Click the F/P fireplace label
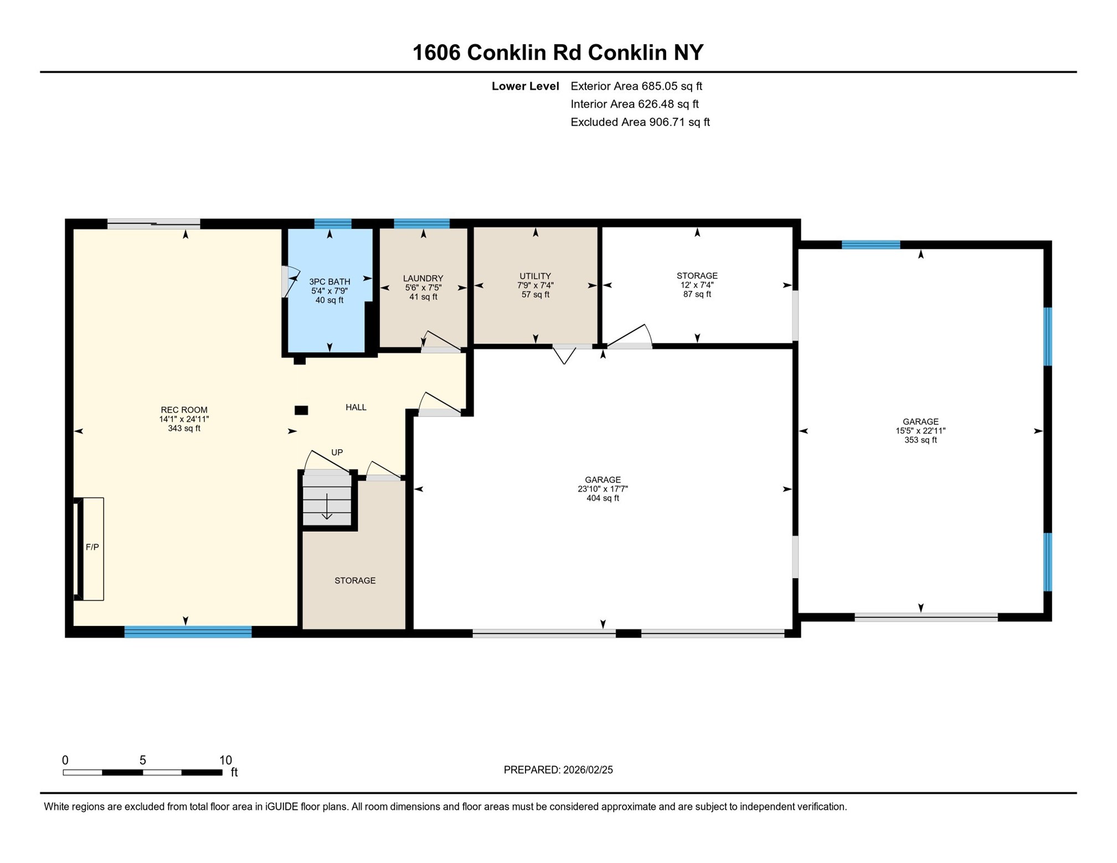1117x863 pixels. coord(92,547)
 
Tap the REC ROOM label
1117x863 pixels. coord(184,410)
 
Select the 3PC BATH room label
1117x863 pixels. coord(330,281)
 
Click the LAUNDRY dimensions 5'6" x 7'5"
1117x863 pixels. coord(423,287)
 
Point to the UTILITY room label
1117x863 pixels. coord(535,276)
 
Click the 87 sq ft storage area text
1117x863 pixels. coord(697,294)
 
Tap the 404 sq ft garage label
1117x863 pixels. coord(603,498)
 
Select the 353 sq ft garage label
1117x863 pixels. coord(920,440)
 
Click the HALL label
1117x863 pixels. coord(356,407)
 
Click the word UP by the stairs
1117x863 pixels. coord(337,452)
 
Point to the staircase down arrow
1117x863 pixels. coord(327,507)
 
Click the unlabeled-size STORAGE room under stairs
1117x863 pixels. coord(355,581)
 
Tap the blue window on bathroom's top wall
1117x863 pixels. coord(332,224)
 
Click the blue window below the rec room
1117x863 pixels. coord(188,632)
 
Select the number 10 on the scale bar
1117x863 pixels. coord(225,760)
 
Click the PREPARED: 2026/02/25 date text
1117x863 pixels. coord(558,769)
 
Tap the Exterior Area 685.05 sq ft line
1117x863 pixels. coord(636,86)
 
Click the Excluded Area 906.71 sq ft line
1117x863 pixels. coord(640,122)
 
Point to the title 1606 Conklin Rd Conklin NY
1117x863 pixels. coord(558,53)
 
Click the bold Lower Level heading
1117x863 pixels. coord(525,86)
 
